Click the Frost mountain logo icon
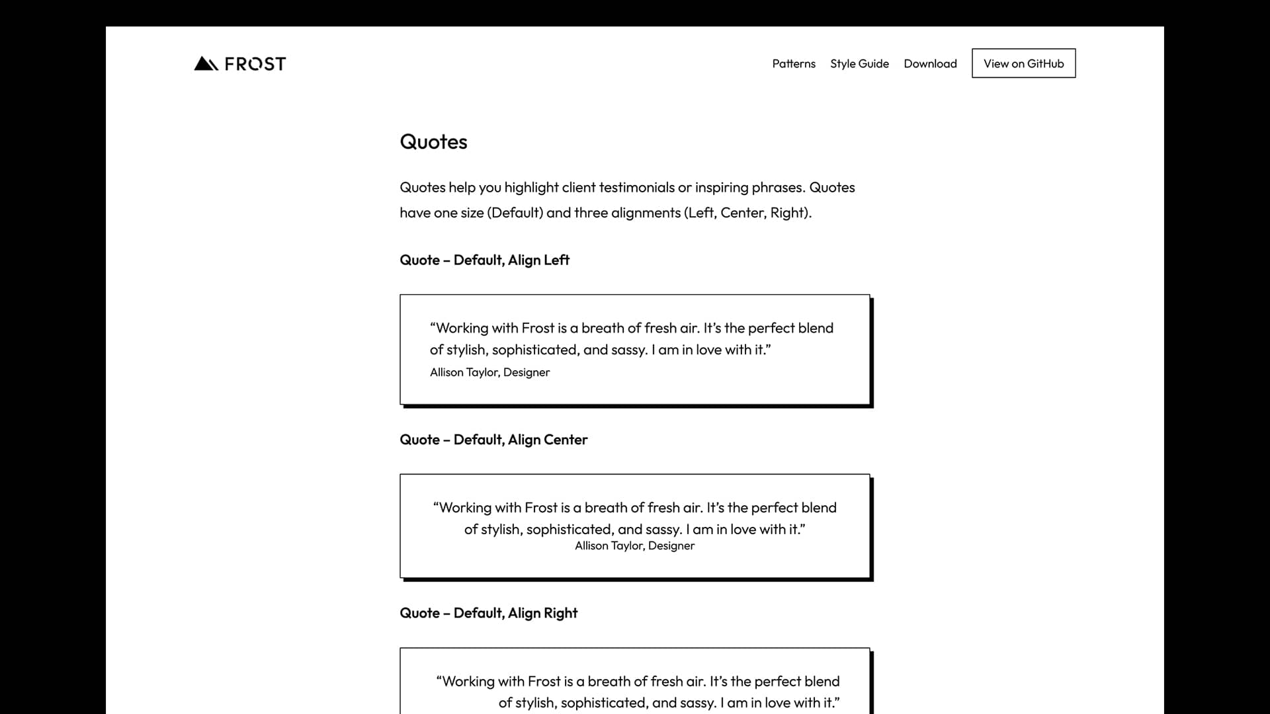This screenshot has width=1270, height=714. click(x=206, y=63)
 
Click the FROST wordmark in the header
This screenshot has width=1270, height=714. click(x=255, y=64)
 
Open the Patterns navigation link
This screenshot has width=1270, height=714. click(x=794, y=63)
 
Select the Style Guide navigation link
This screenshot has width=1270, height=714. click(x=859, y=63)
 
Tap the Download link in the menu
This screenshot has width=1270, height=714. click(x=930, y=63)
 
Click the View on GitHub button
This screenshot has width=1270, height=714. click(x=1023, y=63)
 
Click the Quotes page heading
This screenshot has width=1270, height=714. click(x=433, y=141)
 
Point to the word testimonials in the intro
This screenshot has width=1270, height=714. click(x=636, y=188)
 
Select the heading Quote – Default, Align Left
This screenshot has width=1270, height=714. click(x=484, y=260)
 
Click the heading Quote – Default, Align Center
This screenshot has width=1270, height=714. click(x=493, y=440)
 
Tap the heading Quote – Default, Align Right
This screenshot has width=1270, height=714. click(x=488, y=613)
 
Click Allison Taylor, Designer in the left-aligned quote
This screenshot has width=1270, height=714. click(x=489, y=372)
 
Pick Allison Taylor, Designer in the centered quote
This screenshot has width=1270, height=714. click(x=634, y=545)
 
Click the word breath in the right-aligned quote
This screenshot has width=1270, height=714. click(x=608, y=682)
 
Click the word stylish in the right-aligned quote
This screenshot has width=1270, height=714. click(x=536, y=703)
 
